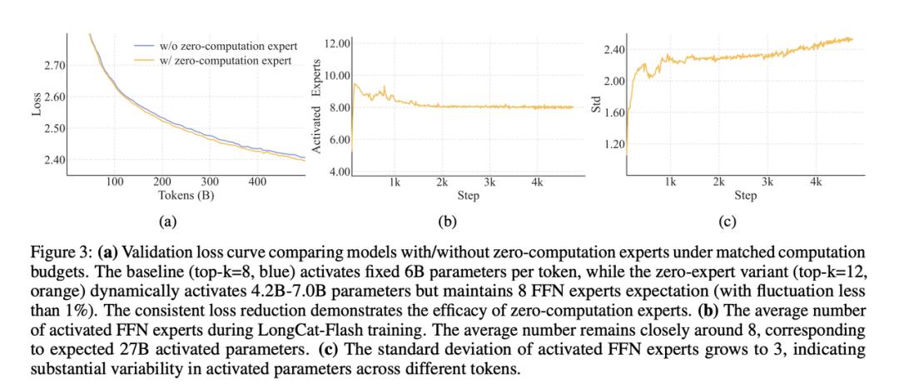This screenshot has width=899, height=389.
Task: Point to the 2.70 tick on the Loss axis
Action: (52, 65)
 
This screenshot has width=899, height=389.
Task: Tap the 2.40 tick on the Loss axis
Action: (52, 160)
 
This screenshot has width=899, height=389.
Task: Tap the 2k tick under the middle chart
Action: (442, 181)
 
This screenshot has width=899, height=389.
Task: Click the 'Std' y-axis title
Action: (596, 108)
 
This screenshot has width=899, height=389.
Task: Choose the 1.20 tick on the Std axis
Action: (613, 144)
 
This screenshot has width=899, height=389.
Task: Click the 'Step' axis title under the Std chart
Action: (746, 197)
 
